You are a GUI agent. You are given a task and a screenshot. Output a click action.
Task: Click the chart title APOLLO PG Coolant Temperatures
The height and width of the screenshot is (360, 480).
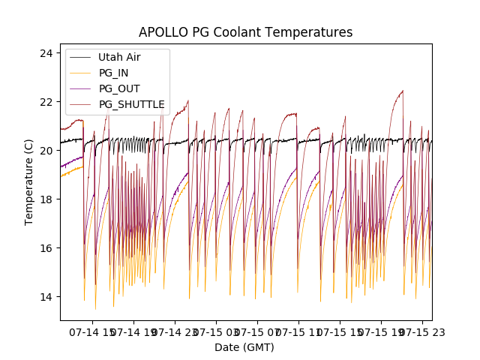[x=245, y=33]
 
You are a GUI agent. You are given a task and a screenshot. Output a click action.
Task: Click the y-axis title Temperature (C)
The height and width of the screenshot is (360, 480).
[x=29, y=182]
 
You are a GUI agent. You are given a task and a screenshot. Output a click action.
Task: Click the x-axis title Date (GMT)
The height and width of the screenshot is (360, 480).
[x=244, y=347]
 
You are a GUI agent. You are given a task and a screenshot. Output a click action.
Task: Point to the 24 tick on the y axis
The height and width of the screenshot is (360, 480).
[x=46, y=53]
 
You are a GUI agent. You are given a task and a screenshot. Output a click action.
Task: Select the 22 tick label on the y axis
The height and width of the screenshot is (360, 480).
[x=46, y=102]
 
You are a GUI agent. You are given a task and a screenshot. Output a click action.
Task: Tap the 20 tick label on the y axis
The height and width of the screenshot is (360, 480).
[x=46, y=151]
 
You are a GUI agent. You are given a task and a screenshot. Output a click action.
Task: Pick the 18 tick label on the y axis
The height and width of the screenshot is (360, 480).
[x=46, y=199]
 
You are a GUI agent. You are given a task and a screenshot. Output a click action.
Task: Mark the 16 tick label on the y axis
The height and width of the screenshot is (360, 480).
[x=46, y=248]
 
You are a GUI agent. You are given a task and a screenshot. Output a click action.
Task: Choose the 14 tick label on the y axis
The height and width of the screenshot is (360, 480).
[x=46, y=297]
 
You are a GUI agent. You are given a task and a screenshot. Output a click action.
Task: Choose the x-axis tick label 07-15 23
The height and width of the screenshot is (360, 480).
[x=424, y=331]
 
